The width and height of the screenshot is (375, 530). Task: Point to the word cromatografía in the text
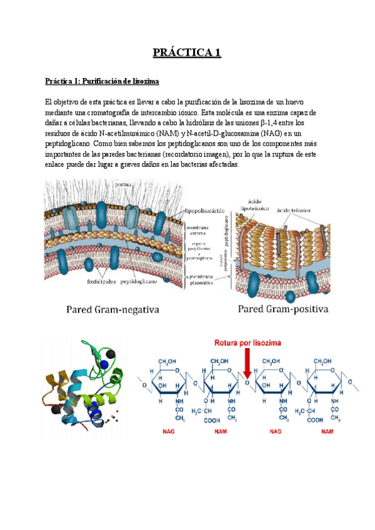coord(113,112)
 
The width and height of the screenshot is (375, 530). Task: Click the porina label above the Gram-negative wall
coord(122,185)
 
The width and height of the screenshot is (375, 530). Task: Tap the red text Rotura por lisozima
coord(247,343)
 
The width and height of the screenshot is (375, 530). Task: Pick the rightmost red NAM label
coord(327,431)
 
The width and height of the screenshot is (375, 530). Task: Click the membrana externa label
coord(201,233)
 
